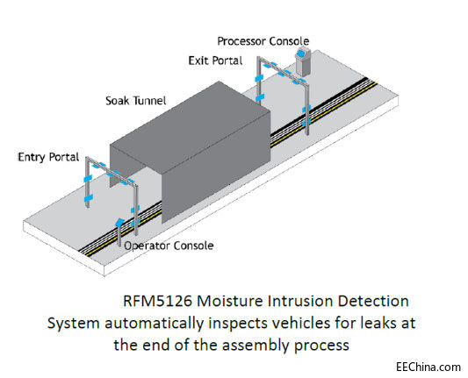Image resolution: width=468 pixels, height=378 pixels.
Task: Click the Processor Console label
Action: click(x=263, y=41)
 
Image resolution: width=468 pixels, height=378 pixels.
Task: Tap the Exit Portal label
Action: click(x=215, y=61)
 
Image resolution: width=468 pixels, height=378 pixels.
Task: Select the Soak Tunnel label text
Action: click(x=136, y=101)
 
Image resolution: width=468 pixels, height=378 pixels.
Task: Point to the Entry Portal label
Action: click(x=48, y=157)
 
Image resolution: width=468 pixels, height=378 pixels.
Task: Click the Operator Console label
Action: click(x=169, y=246)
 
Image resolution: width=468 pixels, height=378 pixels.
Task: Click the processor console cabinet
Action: click(x=303, y=62)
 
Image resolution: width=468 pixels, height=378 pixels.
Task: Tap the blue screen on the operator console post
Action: click(x=119, y=223)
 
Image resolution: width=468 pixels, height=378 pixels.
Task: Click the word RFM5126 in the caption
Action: click(x=157, y=301)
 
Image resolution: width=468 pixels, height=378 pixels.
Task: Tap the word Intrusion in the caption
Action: click(x=299, y=301)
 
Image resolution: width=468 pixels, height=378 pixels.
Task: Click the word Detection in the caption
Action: click(x=373, y=301)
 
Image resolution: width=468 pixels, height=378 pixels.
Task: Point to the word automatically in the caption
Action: click(x=154, y=324)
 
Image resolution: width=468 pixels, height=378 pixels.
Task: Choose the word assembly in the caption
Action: click(x=256, y=346)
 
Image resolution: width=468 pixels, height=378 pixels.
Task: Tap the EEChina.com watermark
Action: click(x=428, y=367)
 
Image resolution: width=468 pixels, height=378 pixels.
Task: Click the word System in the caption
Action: click(x=74, y=324)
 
